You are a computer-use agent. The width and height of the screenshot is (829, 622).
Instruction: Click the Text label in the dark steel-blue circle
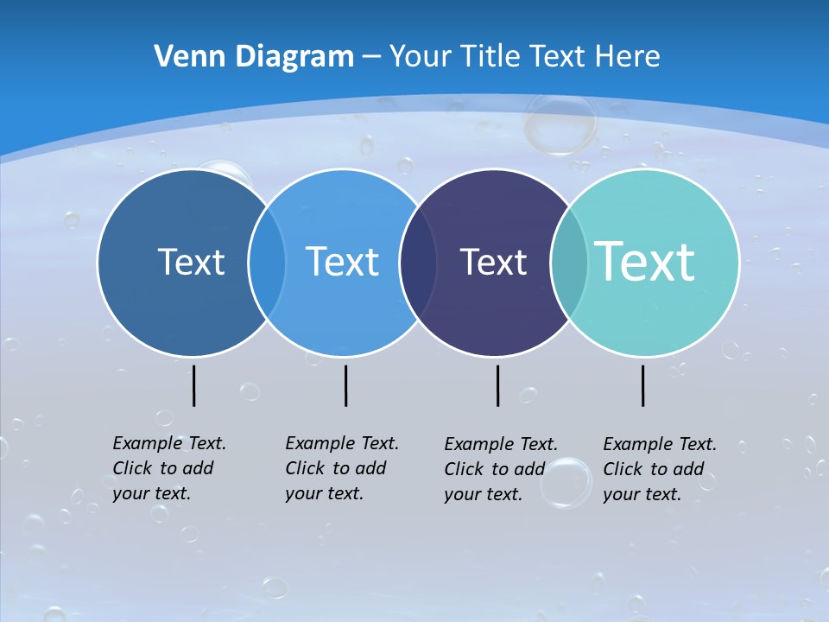(191, 262)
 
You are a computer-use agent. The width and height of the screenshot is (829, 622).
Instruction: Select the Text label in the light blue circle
(342, 262)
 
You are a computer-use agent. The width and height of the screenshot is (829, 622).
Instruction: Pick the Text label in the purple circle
(493, 262)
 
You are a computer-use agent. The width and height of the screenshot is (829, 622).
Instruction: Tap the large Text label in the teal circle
(645, 262)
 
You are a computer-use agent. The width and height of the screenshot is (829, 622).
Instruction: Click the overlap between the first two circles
(267, 262)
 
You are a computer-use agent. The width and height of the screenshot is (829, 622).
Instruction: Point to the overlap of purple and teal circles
(569, 262)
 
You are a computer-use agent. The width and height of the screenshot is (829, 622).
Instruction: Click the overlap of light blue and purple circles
(418, 262)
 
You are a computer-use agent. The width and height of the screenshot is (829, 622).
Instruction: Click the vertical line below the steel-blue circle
(193, 385)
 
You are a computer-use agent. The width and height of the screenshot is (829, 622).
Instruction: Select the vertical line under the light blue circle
(345, 385)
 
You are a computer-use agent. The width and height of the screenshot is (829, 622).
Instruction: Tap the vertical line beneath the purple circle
(497, 385)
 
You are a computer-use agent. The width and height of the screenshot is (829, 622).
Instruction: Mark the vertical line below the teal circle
(642, 385)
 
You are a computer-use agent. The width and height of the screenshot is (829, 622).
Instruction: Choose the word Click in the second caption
(304, 468)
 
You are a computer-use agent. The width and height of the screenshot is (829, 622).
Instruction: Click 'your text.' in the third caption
(483, 495)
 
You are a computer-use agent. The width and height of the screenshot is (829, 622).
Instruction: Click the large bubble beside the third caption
(566, 481)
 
